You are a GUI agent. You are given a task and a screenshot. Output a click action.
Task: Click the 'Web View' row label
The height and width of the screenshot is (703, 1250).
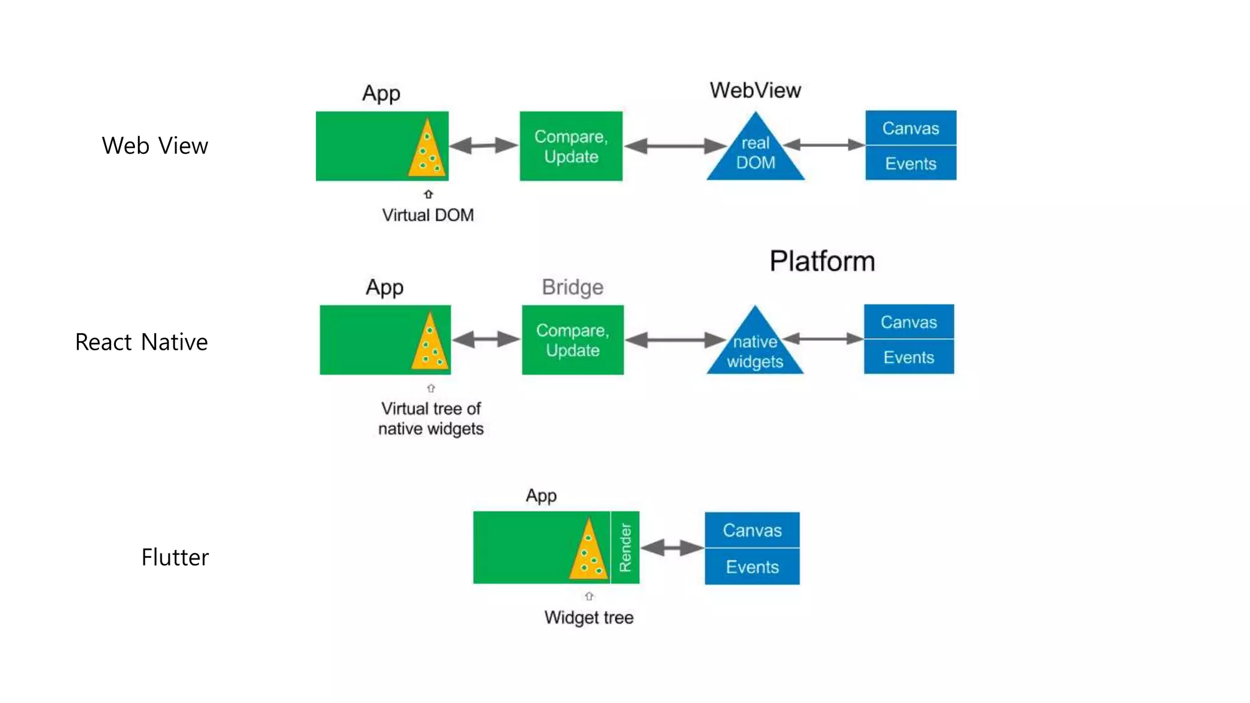[x=155, y=146]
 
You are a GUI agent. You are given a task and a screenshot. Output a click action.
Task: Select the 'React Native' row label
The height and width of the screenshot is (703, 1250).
[x=141, y=342]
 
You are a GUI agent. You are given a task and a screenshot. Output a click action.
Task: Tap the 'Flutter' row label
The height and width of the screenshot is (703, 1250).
[x=175, y=557]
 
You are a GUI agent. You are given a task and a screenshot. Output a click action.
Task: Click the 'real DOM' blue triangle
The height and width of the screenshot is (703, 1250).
[x=756, y=154]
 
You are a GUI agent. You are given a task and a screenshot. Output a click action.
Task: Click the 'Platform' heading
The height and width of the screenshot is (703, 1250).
[x=822, y=261]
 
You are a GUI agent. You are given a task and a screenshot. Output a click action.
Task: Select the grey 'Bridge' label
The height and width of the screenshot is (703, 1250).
[x=572, y=287]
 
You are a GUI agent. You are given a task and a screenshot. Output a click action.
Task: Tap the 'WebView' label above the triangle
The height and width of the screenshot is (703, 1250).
[x=755, y=90]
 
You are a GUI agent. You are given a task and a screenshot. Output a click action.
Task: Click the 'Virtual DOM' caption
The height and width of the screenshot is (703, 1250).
[x=428, y=215]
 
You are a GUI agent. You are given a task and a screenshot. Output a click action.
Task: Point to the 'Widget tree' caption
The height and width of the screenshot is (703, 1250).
[x=588, y=618]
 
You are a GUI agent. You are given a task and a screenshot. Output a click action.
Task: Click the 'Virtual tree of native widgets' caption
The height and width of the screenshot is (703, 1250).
[x=431, y=419]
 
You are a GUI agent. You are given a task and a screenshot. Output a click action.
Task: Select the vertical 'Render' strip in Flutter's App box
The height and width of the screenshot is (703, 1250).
[x=625, y=547]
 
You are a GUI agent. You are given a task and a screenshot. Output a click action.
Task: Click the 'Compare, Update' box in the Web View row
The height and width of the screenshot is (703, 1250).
[x=571, y=146]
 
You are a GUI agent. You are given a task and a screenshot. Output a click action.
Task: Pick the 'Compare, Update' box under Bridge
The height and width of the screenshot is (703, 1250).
[x=573, y=340]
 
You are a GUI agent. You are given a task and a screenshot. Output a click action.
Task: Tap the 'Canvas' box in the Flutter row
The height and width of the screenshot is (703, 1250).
[x=752, y=530]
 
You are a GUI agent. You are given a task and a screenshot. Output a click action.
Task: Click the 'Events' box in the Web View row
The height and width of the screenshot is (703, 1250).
[x=910, y=164]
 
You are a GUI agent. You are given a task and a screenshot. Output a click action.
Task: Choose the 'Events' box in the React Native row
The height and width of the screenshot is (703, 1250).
[x=908, y=357]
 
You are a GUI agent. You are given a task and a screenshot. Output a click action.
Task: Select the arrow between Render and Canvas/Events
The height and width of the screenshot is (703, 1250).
[x=672, y=547]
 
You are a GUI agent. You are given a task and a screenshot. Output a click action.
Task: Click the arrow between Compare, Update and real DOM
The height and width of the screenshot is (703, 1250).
[x=675, y=146]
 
